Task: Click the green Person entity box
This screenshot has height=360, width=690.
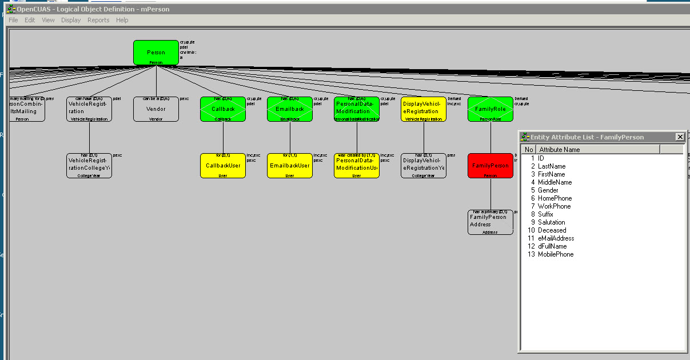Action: click(156, 52)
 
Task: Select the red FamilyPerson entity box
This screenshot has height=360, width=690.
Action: click(490, 165)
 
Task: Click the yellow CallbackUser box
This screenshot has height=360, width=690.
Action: click(223, 165)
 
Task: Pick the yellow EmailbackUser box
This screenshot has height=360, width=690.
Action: click(290, 165)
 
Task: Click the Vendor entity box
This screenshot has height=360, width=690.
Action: click(156, 109)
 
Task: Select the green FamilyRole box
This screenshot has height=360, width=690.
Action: click(490, 109)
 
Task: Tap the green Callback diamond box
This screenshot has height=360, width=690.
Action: click(223, 109)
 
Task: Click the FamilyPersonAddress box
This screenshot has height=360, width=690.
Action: click(490, 222)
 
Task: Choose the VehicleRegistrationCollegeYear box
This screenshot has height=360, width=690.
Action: click(89, 165)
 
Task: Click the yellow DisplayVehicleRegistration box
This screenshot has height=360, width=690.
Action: click(424, 109)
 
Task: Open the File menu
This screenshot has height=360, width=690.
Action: click(13, 20)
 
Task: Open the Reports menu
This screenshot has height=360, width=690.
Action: click(98, 20)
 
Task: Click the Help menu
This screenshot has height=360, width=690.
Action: click(122, 20)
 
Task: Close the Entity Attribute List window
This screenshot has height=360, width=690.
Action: click(680, 137)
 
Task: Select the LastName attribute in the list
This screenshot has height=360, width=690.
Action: click(552, 166)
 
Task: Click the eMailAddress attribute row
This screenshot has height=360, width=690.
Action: click(556, 238)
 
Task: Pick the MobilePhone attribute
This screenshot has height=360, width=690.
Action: click(556, 254)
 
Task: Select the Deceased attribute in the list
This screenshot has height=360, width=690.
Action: click(552, 230)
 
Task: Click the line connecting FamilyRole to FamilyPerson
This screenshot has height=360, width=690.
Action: click(490, 137)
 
